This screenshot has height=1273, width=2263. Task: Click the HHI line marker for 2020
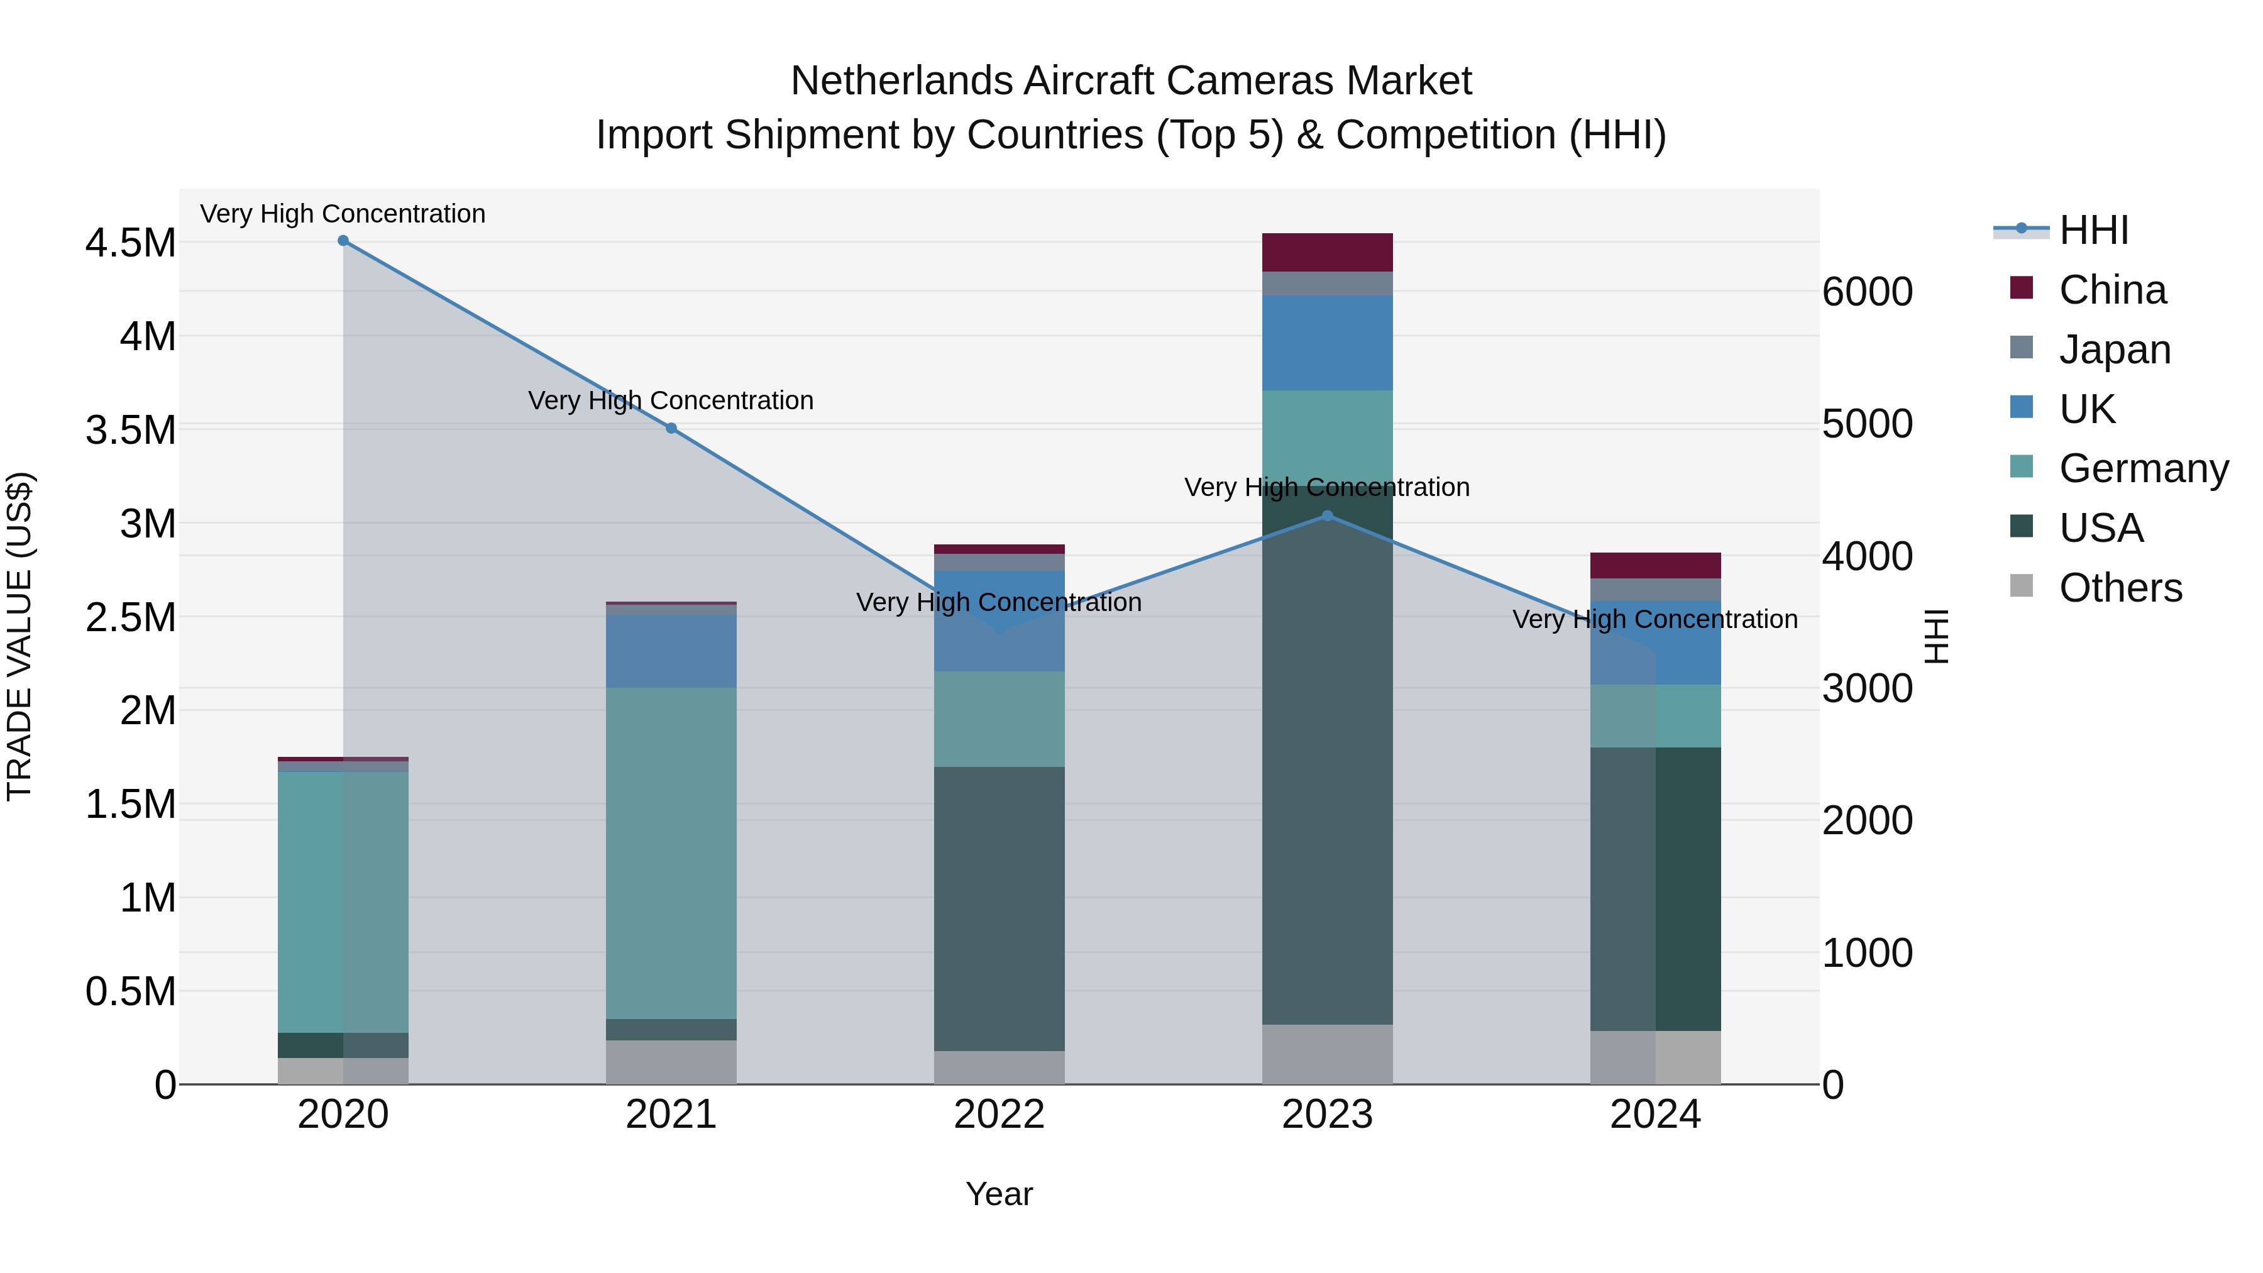pos(343,241)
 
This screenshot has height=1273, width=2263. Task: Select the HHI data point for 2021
pos(671,428)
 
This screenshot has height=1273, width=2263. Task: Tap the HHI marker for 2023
pos(1328,515)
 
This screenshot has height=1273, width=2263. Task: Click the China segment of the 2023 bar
pos(1328,252)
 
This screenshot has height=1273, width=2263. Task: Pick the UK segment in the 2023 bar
pos(1328,343)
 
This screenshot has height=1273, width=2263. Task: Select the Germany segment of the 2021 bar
pos(671,852)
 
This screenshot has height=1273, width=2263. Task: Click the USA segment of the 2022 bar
pos(999,909)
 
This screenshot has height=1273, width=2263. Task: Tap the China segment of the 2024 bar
pos(1656,565)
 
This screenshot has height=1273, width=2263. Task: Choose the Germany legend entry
pos(2143,468)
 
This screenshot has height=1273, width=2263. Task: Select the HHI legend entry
pos(2093,230)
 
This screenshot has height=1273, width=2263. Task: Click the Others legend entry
pos(2119,588)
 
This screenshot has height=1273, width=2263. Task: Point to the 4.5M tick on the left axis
pos(130,243)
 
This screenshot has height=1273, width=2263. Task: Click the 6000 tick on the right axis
pos(1868,292)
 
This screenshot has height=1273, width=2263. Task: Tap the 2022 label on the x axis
pos(999,1115)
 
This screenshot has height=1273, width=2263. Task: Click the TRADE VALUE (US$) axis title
pos(19,636)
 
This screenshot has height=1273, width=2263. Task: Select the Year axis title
pos(999,1194)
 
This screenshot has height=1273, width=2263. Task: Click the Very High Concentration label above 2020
pos(343,214)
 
